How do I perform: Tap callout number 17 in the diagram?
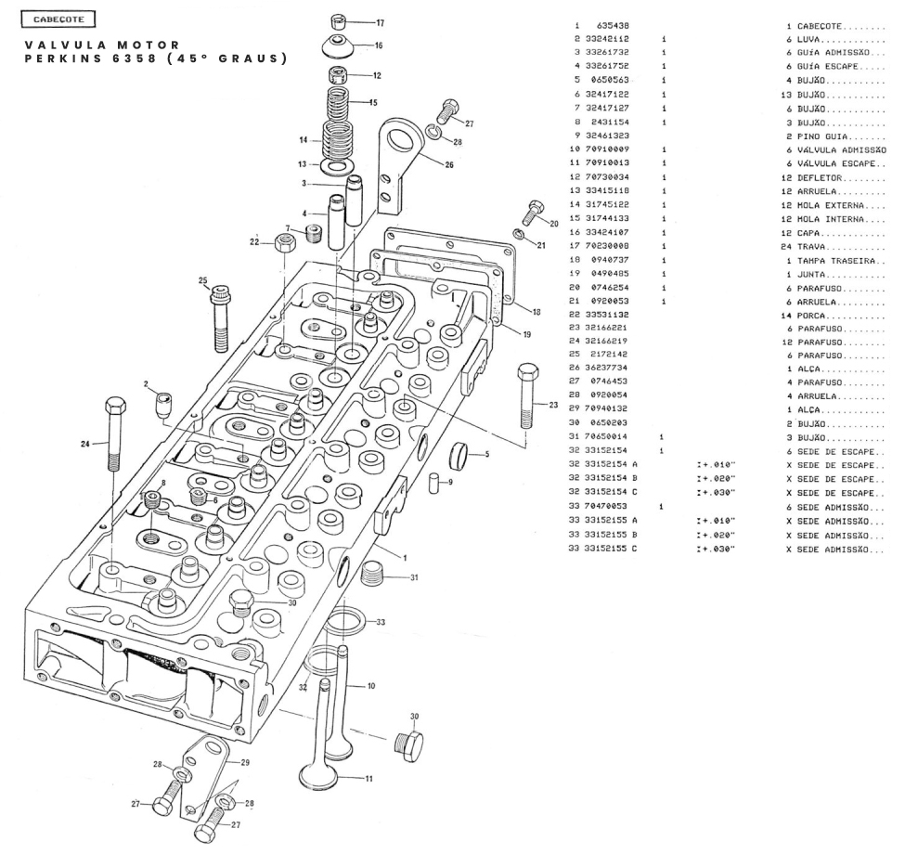pos(380,21)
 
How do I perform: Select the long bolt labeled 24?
pos(114,441)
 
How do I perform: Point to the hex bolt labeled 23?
pos(524,395)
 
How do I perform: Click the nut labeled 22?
pos(285,245)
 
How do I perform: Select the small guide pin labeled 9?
pos(433,484)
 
